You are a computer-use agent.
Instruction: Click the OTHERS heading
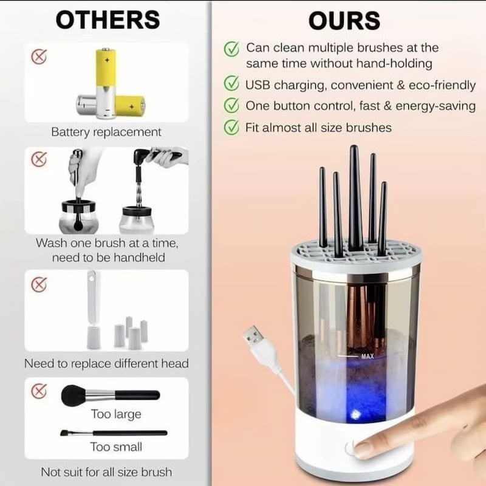click(108, 20)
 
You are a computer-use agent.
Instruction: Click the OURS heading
click(344, 21)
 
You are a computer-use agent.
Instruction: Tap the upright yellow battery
click(106, 83)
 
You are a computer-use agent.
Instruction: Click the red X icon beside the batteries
click(39, 56)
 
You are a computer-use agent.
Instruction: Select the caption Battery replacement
click(106, 132)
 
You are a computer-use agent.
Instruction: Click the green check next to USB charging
click(231, 83)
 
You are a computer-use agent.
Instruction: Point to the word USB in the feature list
click(258, 85)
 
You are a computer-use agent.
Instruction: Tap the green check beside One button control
click(231, 105)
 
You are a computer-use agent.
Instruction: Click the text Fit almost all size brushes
click(318, 128)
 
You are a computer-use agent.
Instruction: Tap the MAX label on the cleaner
click(368, 357)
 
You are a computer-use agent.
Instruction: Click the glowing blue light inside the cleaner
click(355, 414)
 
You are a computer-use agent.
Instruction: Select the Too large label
click(116, 414)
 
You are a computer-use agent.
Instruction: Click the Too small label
click(116, 447)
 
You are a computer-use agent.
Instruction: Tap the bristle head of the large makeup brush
click(73, 395)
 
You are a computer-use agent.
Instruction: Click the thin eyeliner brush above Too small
click(114, 433)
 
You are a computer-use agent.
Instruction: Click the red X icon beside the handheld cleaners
click(39, 159)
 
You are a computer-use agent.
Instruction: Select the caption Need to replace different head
click(106, 363)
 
